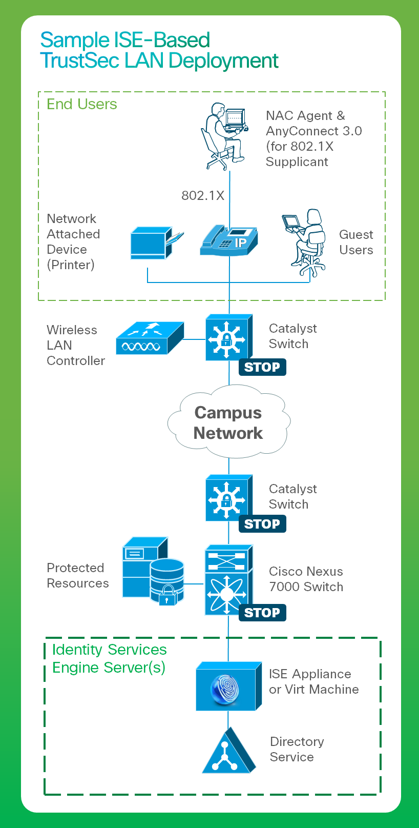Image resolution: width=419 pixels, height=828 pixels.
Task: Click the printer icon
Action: (157, 243)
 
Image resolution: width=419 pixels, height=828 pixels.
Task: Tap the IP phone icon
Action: (229, 240)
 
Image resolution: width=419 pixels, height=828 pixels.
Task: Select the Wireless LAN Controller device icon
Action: (150, 338)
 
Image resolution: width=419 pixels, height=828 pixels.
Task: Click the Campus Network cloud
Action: (229, 421)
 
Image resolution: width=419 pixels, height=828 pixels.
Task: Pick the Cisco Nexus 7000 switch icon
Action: (229, 579)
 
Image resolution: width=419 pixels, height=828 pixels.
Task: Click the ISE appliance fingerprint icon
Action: (225, 690)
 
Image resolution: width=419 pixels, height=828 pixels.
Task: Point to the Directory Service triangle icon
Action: (229, 752)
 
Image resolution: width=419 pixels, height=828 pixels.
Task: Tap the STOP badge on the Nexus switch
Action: (262, 613)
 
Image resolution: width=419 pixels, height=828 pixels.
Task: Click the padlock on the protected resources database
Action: (167, 595)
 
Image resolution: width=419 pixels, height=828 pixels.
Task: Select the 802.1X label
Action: (203, 195)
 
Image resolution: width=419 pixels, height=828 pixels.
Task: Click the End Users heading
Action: (82, 104)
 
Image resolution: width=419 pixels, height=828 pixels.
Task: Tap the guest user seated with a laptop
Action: (304, 243)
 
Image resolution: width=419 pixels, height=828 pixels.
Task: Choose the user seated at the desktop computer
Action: (224, 136)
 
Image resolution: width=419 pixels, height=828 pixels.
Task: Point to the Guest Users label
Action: (356, 242)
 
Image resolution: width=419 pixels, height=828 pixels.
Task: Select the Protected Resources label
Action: (77, 575)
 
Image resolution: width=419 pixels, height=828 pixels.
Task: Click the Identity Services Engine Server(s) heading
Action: (109, 658)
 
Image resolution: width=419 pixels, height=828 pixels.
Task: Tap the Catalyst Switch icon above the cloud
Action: (229, 337)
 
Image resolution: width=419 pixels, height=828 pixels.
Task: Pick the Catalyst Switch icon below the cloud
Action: (229, 498)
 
